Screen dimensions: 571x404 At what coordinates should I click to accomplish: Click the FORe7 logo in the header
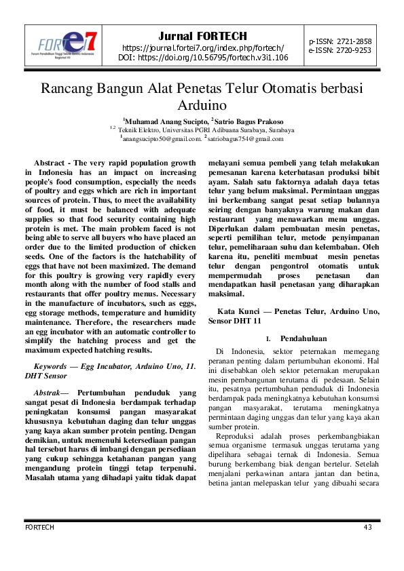pyautogui.click(x=67, y=45)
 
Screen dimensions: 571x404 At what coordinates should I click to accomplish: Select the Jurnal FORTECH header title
pyautogui.click(x=202, y=36)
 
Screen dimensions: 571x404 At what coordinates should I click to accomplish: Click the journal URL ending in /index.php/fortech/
pyautogui.click(x=202, y=47)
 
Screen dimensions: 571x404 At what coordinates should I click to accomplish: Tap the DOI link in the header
pyautogui.click(x=202, y=58)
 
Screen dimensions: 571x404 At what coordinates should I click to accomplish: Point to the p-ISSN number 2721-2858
pyautogui.click(x=350, y=41)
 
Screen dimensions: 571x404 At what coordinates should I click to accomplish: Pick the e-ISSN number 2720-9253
pyautogui.click(x=350, y=50)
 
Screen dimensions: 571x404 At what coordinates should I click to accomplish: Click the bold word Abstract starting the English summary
pyautogui.click(x=49, y=163)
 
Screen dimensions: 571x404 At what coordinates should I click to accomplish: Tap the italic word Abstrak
pyautogui.click(x=48, y=393)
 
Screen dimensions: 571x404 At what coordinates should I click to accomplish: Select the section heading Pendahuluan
pyautogui.click(x=304, y=338)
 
